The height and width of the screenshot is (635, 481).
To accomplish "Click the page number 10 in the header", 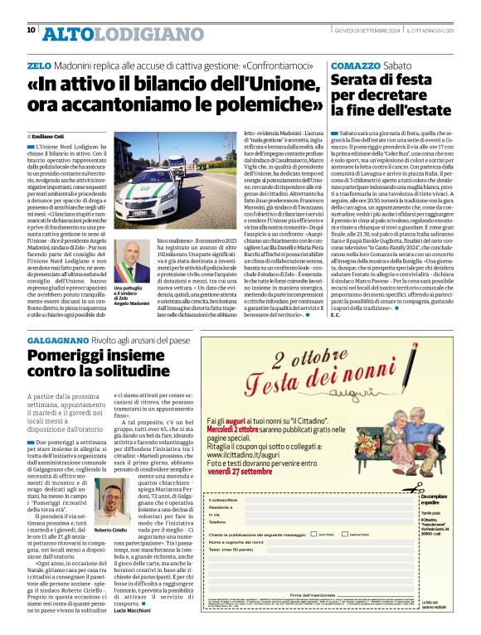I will [31, 30].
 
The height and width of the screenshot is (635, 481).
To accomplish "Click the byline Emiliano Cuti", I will [51, 134].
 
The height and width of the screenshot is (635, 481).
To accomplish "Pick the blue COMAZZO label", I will [357, 65].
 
